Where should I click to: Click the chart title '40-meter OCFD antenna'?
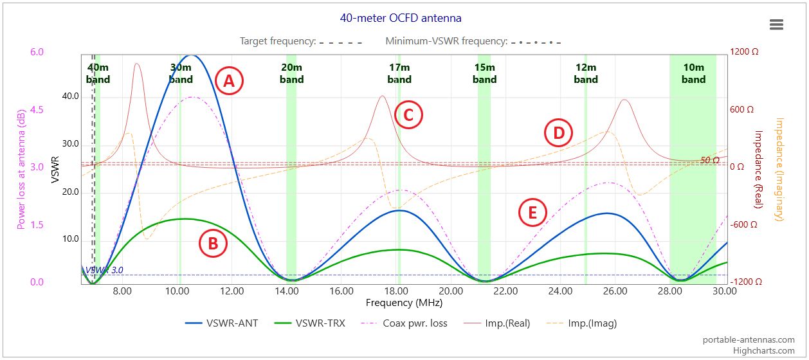(x=401, y=18)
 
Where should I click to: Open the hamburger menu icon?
(x=776, y=24)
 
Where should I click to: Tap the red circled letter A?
(x=229, y=81)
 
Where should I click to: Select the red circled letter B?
(x=213, y=244)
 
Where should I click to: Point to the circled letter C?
(x=408, y=115)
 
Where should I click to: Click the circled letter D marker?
(x=558, y=132)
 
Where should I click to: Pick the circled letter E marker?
(x=532, y=212)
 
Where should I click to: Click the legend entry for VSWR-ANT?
(x=221, y=323)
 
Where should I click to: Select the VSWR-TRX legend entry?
(x=309, y=323)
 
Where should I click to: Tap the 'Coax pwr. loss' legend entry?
(x=404, y=323)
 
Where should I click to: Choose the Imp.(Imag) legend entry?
(x=581, y=323)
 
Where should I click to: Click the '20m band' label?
(x=291, y=73)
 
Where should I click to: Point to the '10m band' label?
(x=693, y=73)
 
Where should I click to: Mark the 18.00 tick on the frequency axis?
(x=396, y=291)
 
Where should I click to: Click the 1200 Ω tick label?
(x=744, y=51)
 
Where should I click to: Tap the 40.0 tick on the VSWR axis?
(x=71, y=96)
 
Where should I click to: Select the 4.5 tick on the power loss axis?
(x=37, y=110)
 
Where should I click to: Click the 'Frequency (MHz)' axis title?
(x=404, y=303)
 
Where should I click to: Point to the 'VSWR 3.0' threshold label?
(x=104, y=270)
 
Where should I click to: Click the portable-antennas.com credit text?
(x=749, y=340)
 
